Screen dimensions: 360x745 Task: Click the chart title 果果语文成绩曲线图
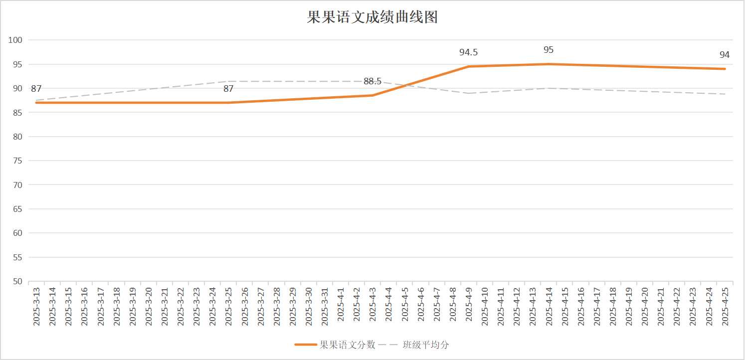click(372, 17)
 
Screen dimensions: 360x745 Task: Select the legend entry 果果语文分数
click(347, 345)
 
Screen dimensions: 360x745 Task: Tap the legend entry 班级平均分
click(426, 345)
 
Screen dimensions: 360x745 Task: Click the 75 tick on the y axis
click(18, 161)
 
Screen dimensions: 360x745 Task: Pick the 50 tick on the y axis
click(18, 281)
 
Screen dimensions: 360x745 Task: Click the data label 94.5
click(468, 52)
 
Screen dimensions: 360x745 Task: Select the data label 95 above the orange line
click(549, 50)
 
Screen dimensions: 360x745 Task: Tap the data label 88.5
click(372, 82)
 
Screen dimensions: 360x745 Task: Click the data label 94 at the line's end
click(725, 55)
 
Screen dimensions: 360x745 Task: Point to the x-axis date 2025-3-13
click(36, 307)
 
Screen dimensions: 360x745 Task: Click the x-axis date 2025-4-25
click(725, 307)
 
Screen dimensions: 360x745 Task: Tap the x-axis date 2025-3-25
click(228, 307)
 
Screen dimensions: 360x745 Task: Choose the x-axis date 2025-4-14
click(549, 307)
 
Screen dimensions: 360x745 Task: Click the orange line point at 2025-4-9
click(469, 66)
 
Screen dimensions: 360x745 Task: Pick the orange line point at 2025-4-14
click(549, 64)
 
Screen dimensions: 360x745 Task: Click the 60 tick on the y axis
click(18, 233)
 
